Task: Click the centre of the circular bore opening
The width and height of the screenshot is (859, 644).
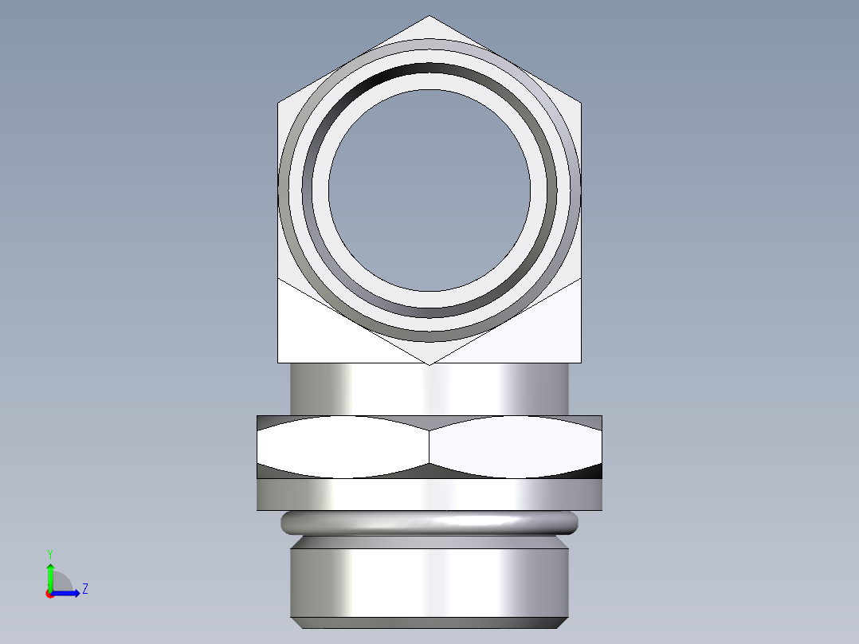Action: (x=429, y=190)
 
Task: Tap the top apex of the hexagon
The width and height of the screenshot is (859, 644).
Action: (x=429, y=16)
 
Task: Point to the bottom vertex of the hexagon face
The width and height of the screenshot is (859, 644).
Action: (x=429, y=364)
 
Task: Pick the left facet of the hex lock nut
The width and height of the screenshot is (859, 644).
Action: (x=343, y=447)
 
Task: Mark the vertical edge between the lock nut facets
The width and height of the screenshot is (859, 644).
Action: (x=429, y=447)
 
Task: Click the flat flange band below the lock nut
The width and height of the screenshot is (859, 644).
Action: (x=429, y=494)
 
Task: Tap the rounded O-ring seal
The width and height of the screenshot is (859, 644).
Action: (x=429, y=522)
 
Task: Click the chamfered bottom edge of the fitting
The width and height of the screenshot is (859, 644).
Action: (x=429, y=622)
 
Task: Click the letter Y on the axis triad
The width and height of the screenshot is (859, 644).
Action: (x=49, y=553)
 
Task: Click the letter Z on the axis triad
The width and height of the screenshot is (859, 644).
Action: (x=84, y=589)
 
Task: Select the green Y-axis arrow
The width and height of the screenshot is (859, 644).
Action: (x=50, y=575)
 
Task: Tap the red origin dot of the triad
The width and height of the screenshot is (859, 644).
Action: (x=49, y=594)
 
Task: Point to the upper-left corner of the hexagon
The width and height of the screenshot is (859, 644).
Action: (x=278, y=102)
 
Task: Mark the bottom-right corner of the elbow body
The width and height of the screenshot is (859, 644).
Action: (x=580, y=363)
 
